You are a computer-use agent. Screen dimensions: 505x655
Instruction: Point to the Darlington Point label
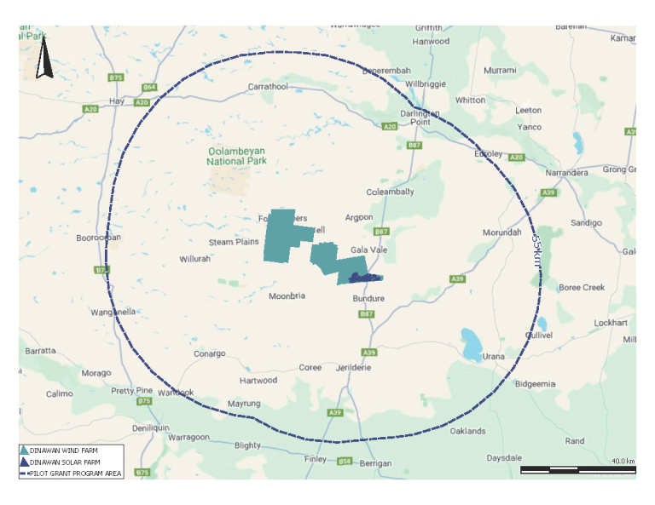420,118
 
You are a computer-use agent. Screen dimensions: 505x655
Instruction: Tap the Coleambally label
390,192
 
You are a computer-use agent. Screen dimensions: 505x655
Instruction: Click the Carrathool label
268,87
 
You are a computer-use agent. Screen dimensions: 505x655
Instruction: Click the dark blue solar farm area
362,278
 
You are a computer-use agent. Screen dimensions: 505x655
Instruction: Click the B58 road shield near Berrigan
345,462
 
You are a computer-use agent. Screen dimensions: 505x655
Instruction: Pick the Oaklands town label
469,431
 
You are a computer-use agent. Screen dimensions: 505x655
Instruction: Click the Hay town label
118,101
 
